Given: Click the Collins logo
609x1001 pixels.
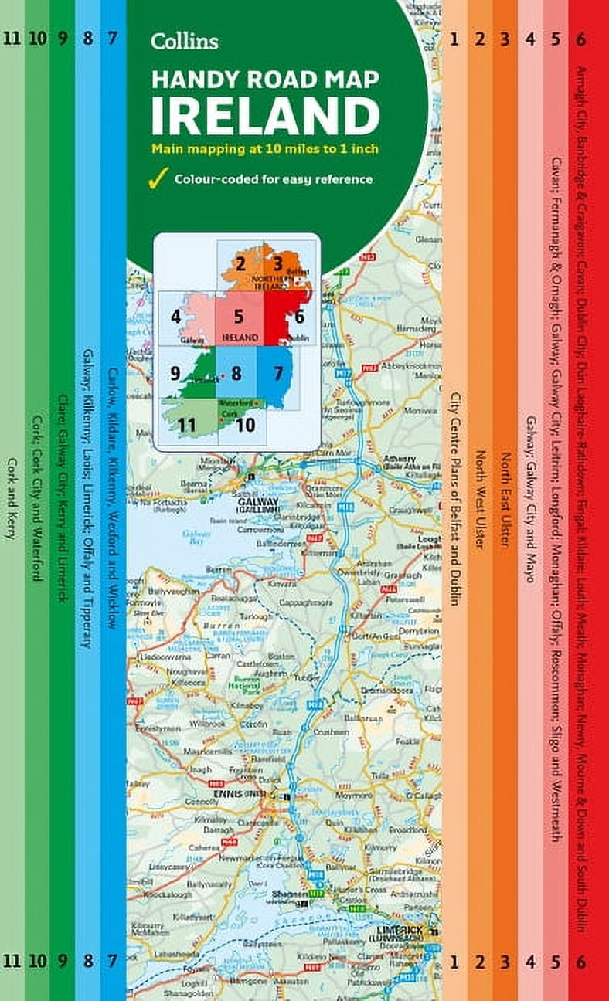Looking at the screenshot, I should [x=185, y=41].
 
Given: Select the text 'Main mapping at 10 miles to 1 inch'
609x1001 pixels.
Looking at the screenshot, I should [x=264, y=148].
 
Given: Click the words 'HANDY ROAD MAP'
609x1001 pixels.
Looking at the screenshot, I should [x=265, y=80].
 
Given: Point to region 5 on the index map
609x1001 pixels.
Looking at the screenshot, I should [x=239, y=316].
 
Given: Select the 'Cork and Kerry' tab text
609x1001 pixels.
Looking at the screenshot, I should [x=12, y=498].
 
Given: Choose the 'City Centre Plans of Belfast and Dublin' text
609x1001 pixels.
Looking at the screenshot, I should [x=455, y=498].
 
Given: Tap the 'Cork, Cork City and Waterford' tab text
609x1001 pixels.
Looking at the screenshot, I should [x=36, y=498].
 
